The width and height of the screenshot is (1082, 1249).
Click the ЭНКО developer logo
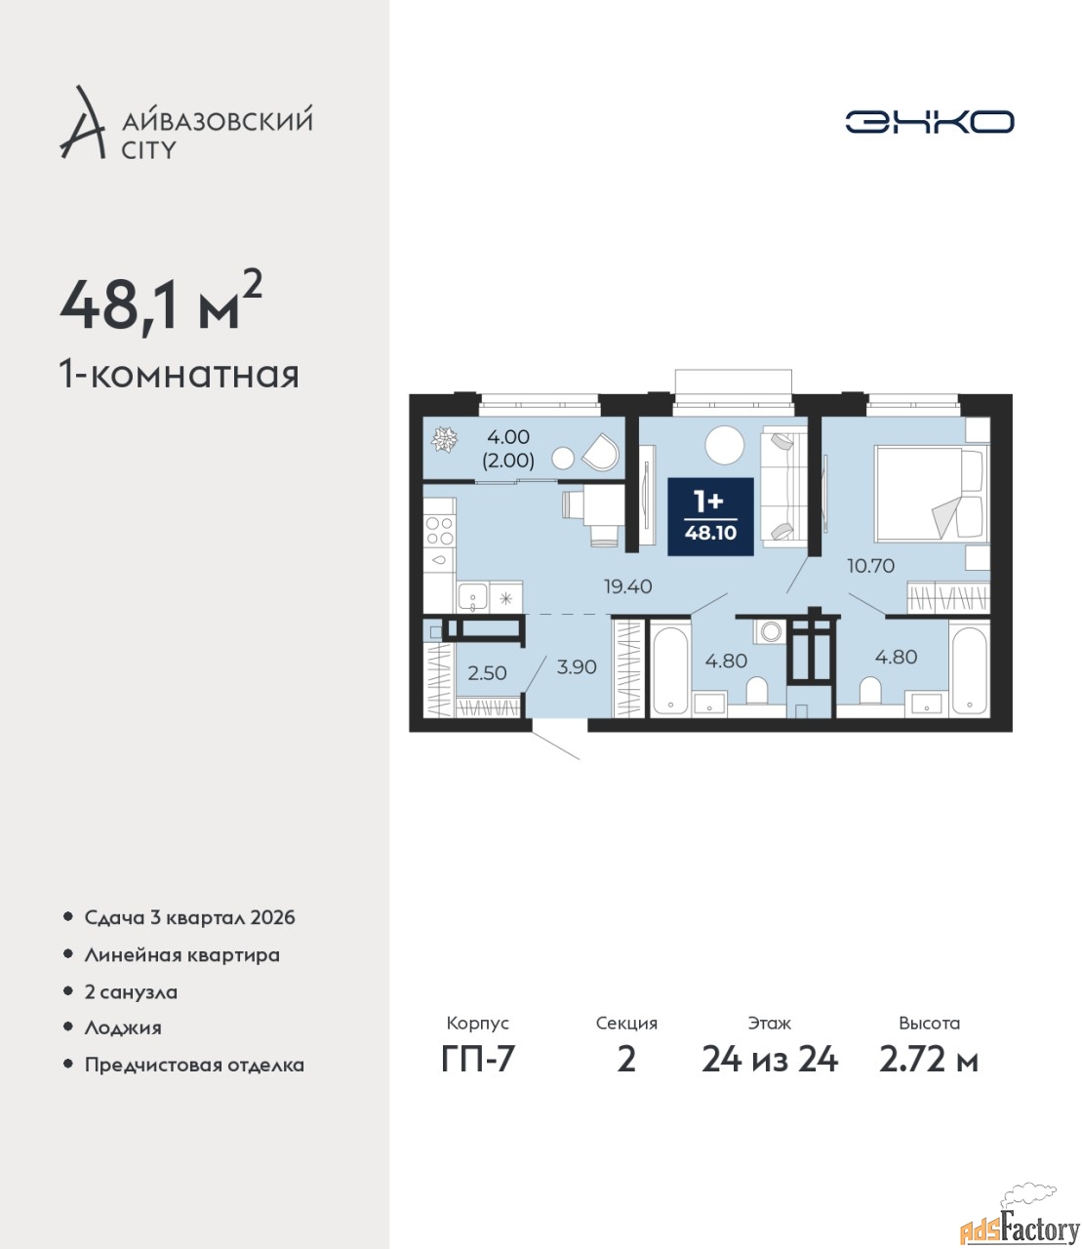(x=929, y=121)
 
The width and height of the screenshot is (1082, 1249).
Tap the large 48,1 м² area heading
(x=161, y=308)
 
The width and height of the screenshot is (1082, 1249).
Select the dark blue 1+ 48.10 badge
(x=710, y=516)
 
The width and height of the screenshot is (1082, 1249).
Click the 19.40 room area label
(x=628, y=586)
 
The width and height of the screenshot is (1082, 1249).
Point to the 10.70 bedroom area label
(x=870, y=566)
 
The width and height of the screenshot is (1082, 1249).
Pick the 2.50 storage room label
(x=487, y=673)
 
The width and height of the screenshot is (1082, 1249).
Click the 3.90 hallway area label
(x=577, y=667)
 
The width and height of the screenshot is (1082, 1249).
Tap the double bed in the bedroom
(x=931, y=494)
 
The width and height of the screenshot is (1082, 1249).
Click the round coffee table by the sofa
(x=724, y=445)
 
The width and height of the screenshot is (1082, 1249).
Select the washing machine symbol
(x=770, y=632)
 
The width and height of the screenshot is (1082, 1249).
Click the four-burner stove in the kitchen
(x=439, y=531)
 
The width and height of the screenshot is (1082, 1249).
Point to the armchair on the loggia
(x=601, y=452)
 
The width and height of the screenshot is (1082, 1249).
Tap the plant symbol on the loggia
(x=445, y=439)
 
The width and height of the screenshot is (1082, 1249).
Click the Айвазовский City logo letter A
(x=82, y=122)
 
